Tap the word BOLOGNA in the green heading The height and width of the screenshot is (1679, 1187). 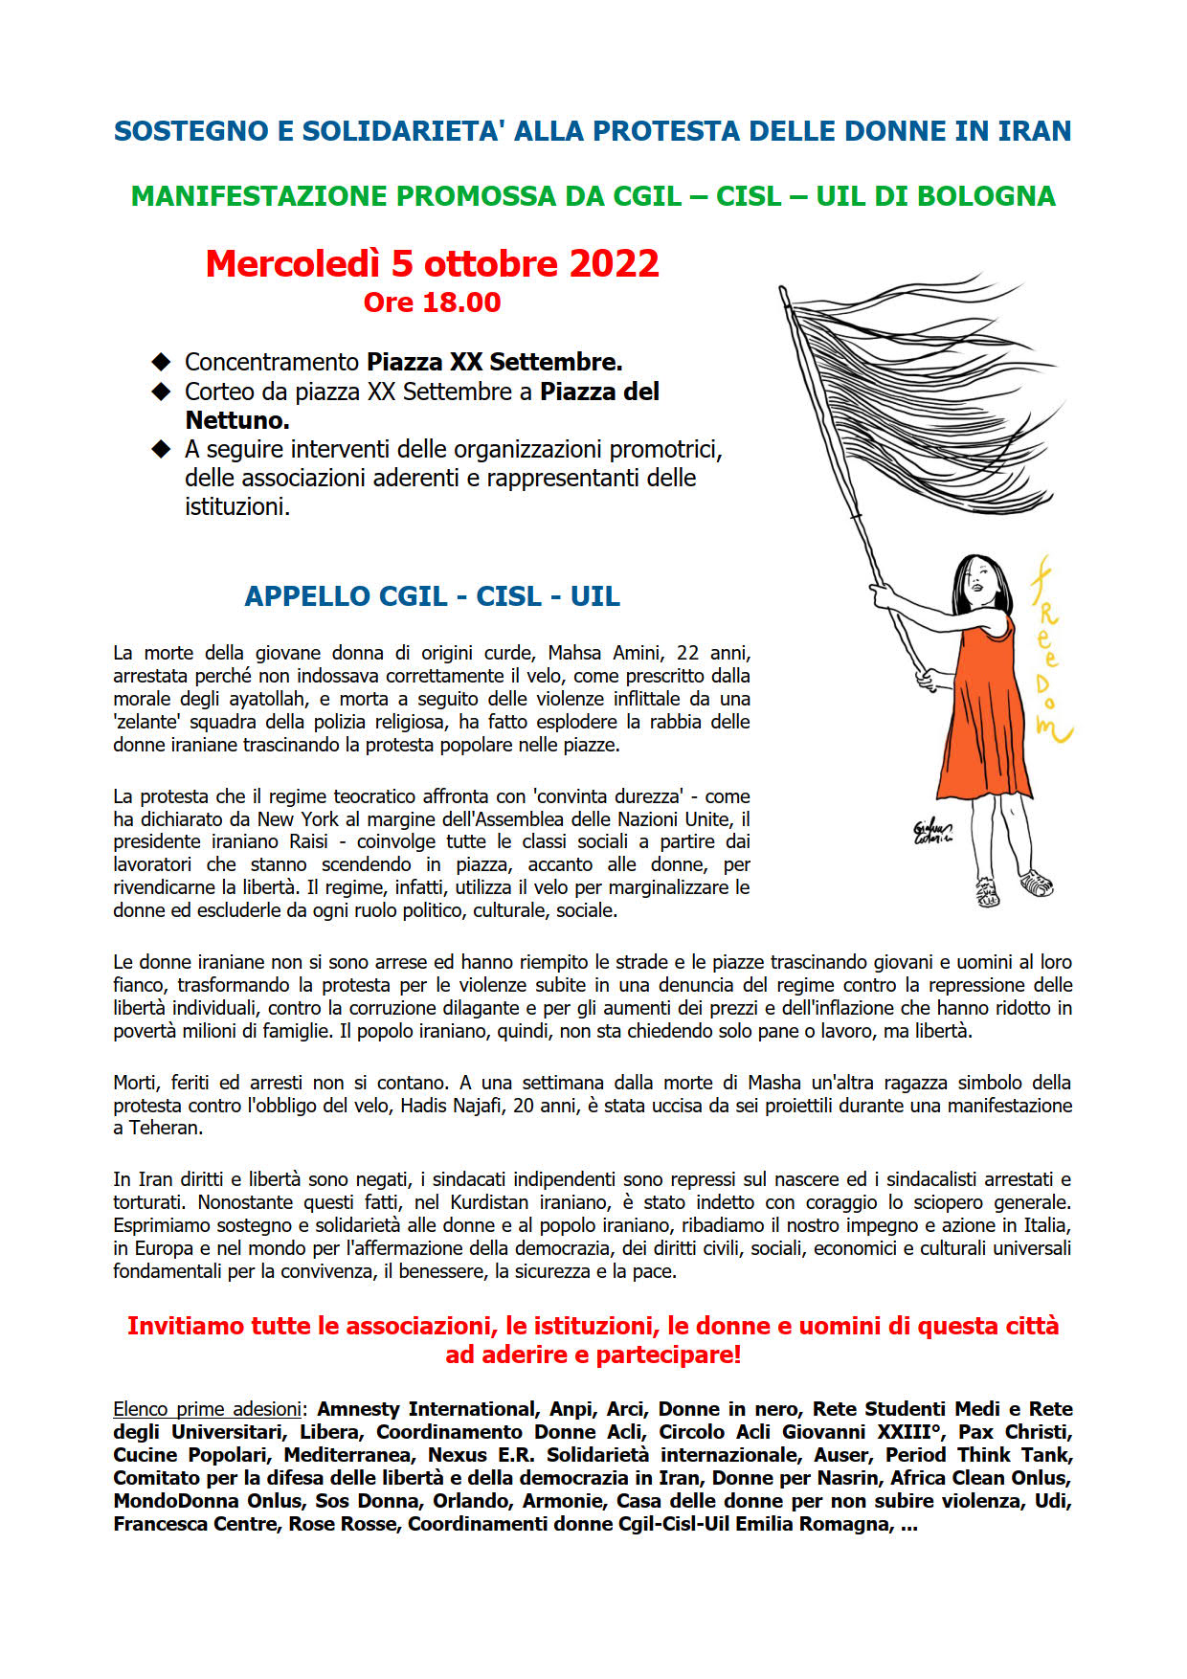click(986, 196)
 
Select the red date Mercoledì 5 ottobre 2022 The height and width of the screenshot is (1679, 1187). click(432, 264)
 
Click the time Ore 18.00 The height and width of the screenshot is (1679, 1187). click(432, 302)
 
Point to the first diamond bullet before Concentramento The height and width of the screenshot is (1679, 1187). click(161, 362)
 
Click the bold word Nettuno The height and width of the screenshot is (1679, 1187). click(236, 420)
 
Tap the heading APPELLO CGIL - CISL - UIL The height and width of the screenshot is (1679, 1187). click(432, 596)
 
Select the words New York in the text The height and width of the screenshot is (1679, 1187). click(292, 819)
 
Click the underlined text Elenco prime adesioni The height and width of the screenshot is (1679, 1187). click(207, 1409)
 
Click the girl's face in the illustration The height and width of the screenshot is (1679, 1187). click(978, 580)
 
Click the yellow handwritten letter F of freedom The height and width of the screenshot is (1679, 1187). click(1040, 578)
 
